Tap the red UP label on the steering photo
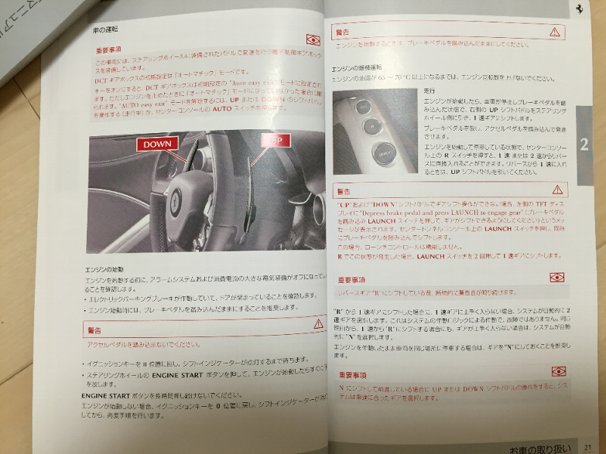pos(273,140)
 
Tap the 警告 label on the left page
pos(96,329)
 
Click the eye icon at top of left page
pos(313,40)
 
